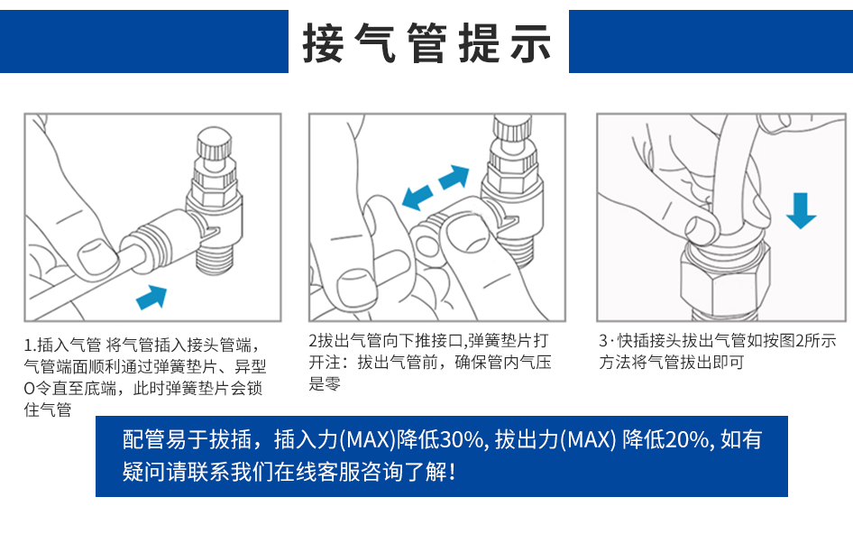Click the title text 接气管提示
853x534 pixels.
tap(427, 42)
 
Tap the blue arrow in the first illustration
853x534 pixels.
tap(151, 297)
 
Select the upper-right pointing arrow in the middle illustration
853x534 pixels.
tap(454, 177)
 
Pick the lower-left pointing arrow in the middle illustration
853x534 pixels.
tap(417, 197)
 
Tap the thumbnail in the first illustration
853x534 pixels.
tap(98, 257)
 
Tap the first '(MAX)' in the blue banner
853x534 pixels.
tap(368, 439)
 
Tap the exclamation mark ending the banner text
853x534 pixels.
tap(452, 472)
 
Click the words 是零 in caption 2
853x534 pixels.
tap(325, 383)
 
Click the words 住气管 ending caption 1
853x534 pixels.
tap(48, 410)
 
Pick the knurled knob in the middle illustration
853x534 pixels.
tap(512, 128)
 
